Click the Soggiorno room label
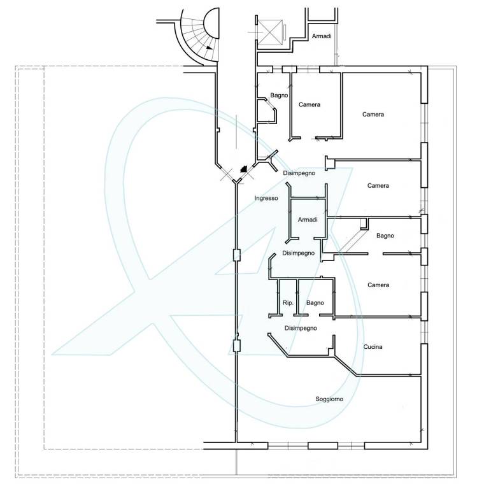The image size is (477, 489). point(329,399)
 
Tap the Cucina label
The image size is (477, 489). point(373,347)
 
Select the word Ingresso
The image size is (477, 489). point(266,199)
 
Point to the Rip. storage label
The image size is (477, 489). point(288,303)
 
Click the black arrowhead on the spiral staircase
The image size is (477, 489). point(209,48)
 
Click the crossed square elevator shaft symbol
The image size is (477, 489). point(271,32)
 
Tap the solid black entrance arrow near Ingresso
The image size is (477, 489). point(243,169)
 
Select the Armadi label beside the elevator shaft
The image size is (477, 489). point(322,36)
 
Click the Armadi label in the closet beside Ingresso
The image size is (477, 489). point(308,220)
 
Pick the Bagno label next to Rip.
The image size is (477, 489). point(315,303)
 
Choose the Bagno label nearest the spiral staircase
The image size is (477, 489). point(279,96)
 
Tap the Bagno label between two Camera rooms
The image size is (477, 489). point(385,236)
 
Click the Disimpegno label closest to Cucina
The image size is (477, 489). point(301,329)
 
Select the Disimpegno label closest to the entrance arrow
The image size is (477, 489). point(299,173)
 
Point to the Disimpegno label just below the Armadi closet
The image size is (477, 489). point(298,253)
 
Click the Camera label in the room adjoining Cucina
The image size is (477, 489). point(378,285)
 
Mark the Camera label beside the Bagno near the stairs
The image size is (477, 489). point(309,105)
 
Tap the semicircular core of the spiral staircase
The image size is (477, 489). point(211,24)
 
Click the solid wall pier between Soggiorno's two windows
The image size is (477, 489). point(323,446)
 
